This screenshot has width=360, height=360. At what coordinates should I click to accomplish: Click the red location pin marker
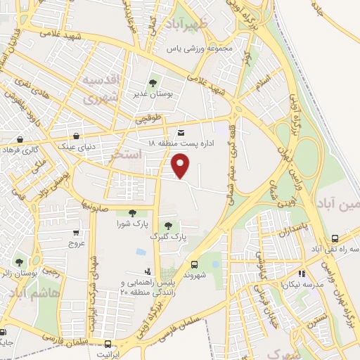(181, 166)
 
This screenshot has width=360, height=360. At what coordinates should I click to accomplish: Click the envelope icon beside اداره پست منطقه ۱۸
(181, 132)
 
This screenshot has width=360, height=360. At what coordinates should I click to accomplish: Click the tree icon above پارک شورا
(132, 213)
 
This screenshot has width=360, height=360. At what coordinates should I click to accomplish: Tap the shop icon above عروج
(76, 233)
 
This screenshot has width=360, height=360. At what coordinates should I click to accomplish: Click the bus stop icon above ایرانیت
(107, 344)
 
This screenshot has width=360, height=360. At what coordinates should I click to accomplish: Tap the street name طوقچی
(151, 118)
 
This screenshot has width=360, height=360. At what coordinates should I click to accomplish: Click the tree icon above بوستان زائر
(19, 262)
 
